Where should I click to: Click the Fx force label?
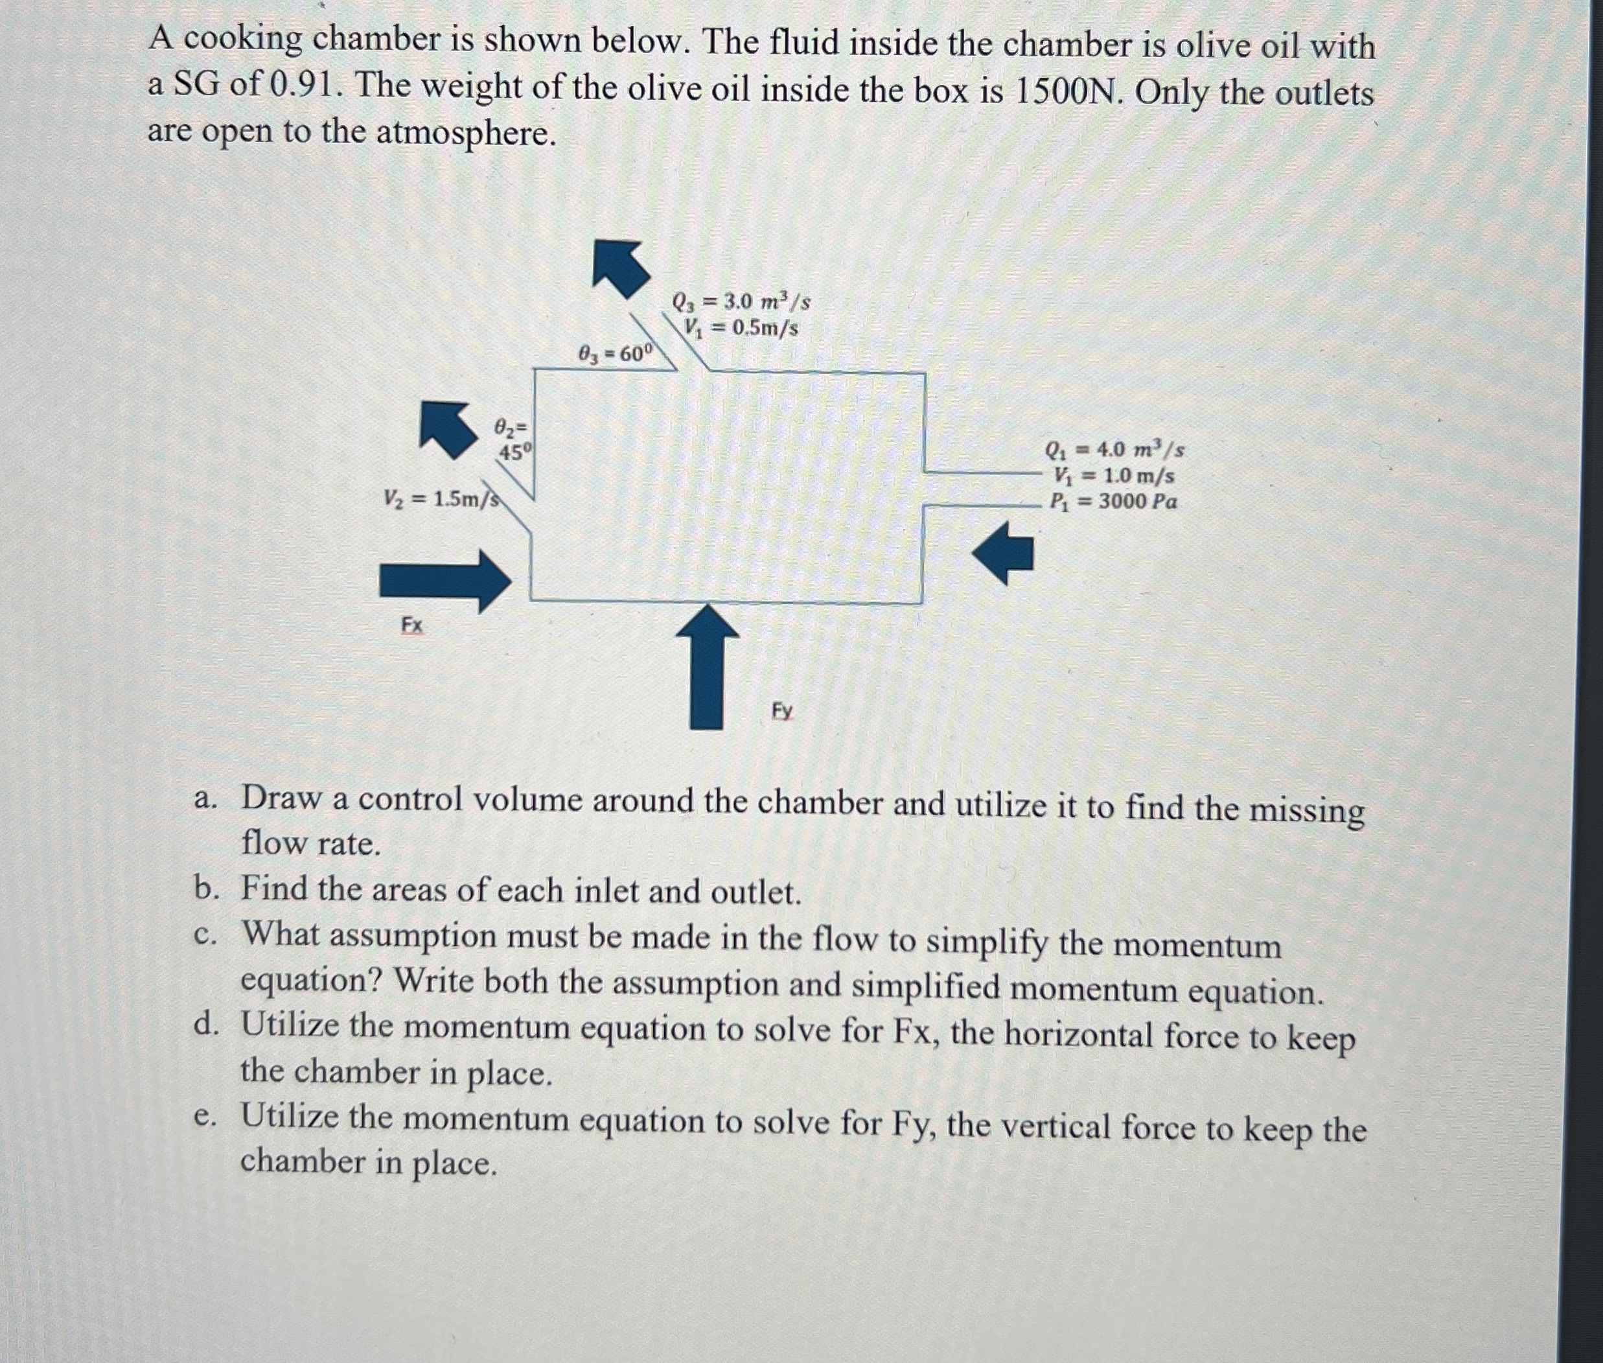pyautogui.click(x=411, y=624)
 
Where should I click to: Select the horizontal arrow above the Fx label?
pyautogui.click(x=445, y=581)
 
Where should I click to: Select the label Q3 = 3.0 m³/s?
pyautogui.click(x=741, y=301)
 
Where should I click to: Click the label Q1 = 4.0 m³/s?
pyautogui.click(x=1114, y=449)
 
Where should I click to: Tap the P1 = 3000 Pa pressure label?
pyautogui.click(x=1113, y=502)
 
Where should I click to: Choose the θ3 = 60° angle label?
pyautogui.click(x=616, y=354)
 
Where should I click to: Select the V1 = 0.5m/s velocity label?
pyautogui.click(x=740, y=327)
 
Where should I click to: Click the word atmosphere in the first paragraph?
pyautogui.click(x=466, y=133)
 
